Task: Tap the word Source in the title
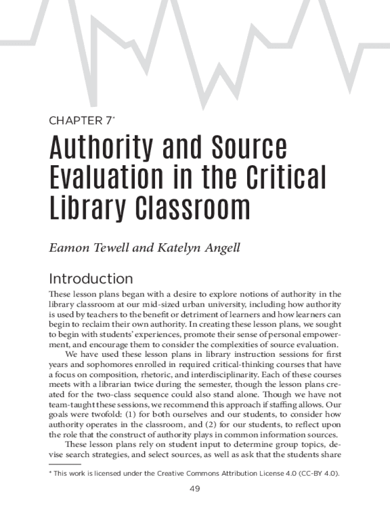(x=251, y=148)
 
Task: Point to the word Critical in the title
(x=284, y=177)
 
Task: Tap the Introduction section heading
(x=91, y=279)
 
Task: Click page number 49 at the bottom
(x=195, y=489)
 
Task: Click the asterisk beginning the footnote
(x=50, y=473)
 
